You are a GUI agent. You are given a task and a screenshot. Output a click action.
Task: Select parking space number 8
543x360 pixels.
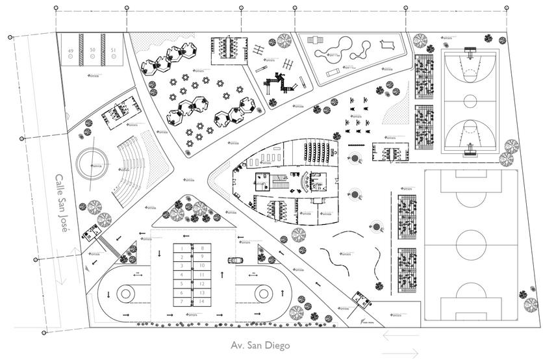point(203,248)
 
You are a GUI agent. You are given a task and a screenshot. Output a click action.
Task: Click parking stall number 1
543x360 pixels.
point(183,248)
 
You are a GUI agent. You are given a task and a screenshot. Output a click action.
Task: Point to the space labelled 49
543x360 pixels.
point(71,50)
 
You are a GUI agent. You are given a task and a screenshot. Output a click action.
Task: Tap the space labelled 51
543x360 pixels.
point(113,50)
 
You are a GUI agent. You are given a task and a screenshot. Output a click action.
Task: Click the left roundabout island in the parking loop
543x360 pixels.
point(127,294)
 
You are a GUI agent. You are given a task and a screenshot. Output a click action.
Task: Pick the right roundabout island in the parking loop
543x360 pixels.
point(262,294)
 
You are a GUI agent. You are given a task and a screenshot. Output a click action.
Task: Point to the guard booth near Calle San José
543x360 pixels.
point(90,232)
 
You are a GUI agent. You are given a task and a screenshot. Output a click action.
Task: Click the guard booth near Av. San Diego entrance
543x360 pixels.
point(359,301)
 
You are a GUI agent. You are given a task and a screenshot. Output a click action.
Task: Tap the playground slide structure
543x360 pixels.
point(277,81)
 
